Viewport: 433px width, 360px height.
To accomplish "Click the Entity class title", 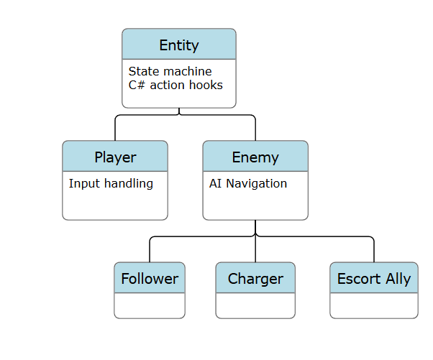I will point(179,45).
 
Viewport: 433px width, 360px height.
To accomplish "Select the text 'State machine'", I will point(170,71).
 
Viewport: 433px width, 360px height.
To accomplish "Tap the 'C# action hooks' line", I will point(176,85).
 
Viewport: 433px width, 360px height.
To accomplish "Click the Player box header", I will point(115,157).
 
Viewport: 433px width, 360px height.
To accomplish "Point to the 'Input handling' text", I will point(111,183).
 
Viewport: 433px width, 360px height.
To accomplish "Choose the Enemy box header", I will point(255,157).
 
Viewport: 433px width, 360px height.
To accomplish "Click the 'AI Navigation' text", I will point(248,183).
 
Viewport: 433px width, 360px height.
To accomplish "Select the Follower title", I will point(150,279).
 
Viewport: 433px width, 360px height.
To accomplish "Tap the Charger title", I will point(255,279).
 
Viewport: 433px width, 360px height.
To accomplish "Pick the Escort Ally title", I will point(374,279).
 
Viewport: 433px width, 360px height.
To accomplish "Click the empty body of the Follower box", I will point(150,305).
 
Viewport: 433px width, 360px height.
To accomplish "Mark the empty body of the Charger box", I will point(255,305).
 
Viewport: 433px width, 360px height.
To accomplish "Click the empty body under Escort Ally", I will point(374,305).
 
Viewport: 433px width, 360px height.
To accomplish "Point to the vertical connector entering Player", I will point(115,129).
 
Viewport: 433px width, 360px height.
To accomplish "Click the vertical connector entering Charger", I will point(255,250).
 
